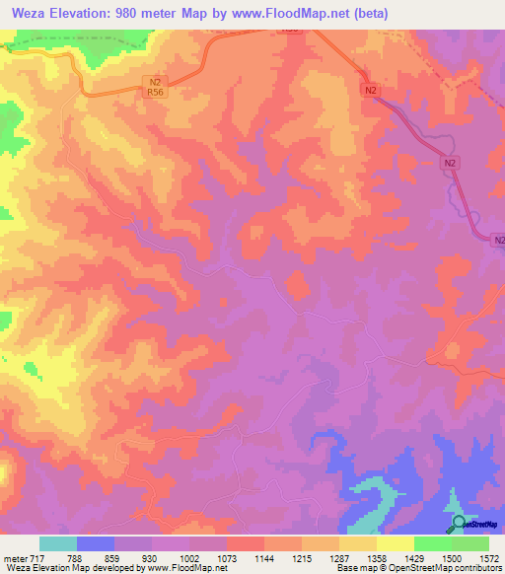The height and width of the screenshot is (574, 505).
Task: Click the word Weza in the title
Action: point(24,13)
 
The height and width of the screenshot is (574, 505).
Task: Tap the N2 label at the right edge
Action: point(497,240)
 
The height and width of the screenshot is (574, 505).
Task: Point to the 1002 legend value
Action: point(188,557)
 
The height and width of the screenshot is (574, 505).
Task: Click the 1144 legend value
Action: point(263,557)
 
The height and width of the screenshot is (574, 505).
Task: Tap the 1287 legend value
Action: point(338,557)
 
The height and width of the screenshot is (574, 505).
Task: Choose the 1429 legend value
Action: point(414,557)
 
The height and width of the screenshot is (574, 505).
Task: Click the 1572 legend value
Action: point(487,557)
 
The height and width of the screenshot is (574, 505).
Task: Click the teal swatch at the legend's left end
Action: point(58,543)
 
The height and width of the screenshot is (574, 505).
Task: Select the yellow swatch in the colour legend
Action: point(395,543)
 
